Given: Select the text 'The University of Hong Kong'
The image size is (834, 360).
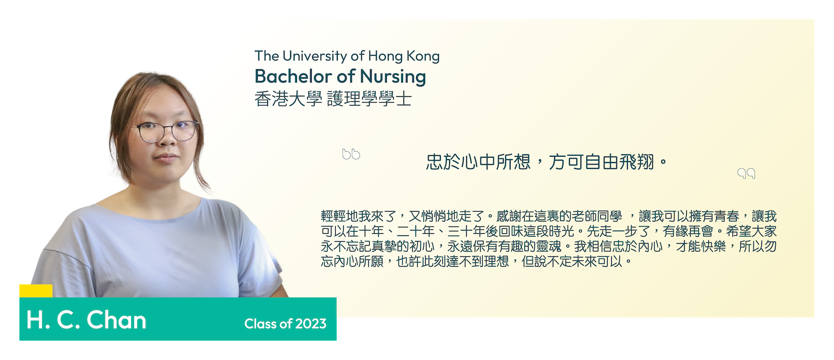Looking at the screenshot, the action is [347, 56].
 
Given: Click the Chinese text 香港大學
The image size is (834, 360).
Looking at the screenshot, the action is [289, 99].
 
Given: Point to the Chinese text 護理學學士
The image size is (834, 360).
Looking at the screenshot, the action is [369, 99].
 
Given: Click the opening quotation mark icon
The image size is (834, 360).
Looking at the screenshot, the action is [351, 154].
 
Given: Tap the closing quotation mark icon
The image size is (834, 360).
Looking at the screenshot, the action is [746, 173].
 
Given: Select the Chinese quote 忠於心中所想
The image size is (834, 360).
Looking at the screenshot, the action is [478, 162].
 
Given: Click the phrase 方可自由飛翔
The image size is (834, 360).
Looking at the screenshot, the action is [602, 162].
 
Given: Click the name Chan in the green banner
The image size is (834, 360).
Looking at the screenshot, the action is [116, 320].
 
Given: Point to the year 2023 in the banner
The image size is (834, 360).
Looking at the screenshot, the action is [311, 324].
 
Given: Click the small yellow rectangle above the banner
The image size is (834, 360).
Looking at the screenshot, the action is [36, 291].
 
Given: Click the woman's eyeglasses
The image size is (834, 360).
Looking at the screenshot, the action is [167, 132].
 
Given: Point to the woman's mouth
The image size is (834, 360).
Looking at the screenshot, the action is [166, 158].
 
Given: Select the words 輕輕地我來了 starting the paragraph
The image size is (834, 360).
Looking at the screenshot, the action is [358, 217].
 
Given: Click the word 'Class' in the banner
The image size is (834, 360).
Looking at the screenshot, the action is [260, 324].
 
